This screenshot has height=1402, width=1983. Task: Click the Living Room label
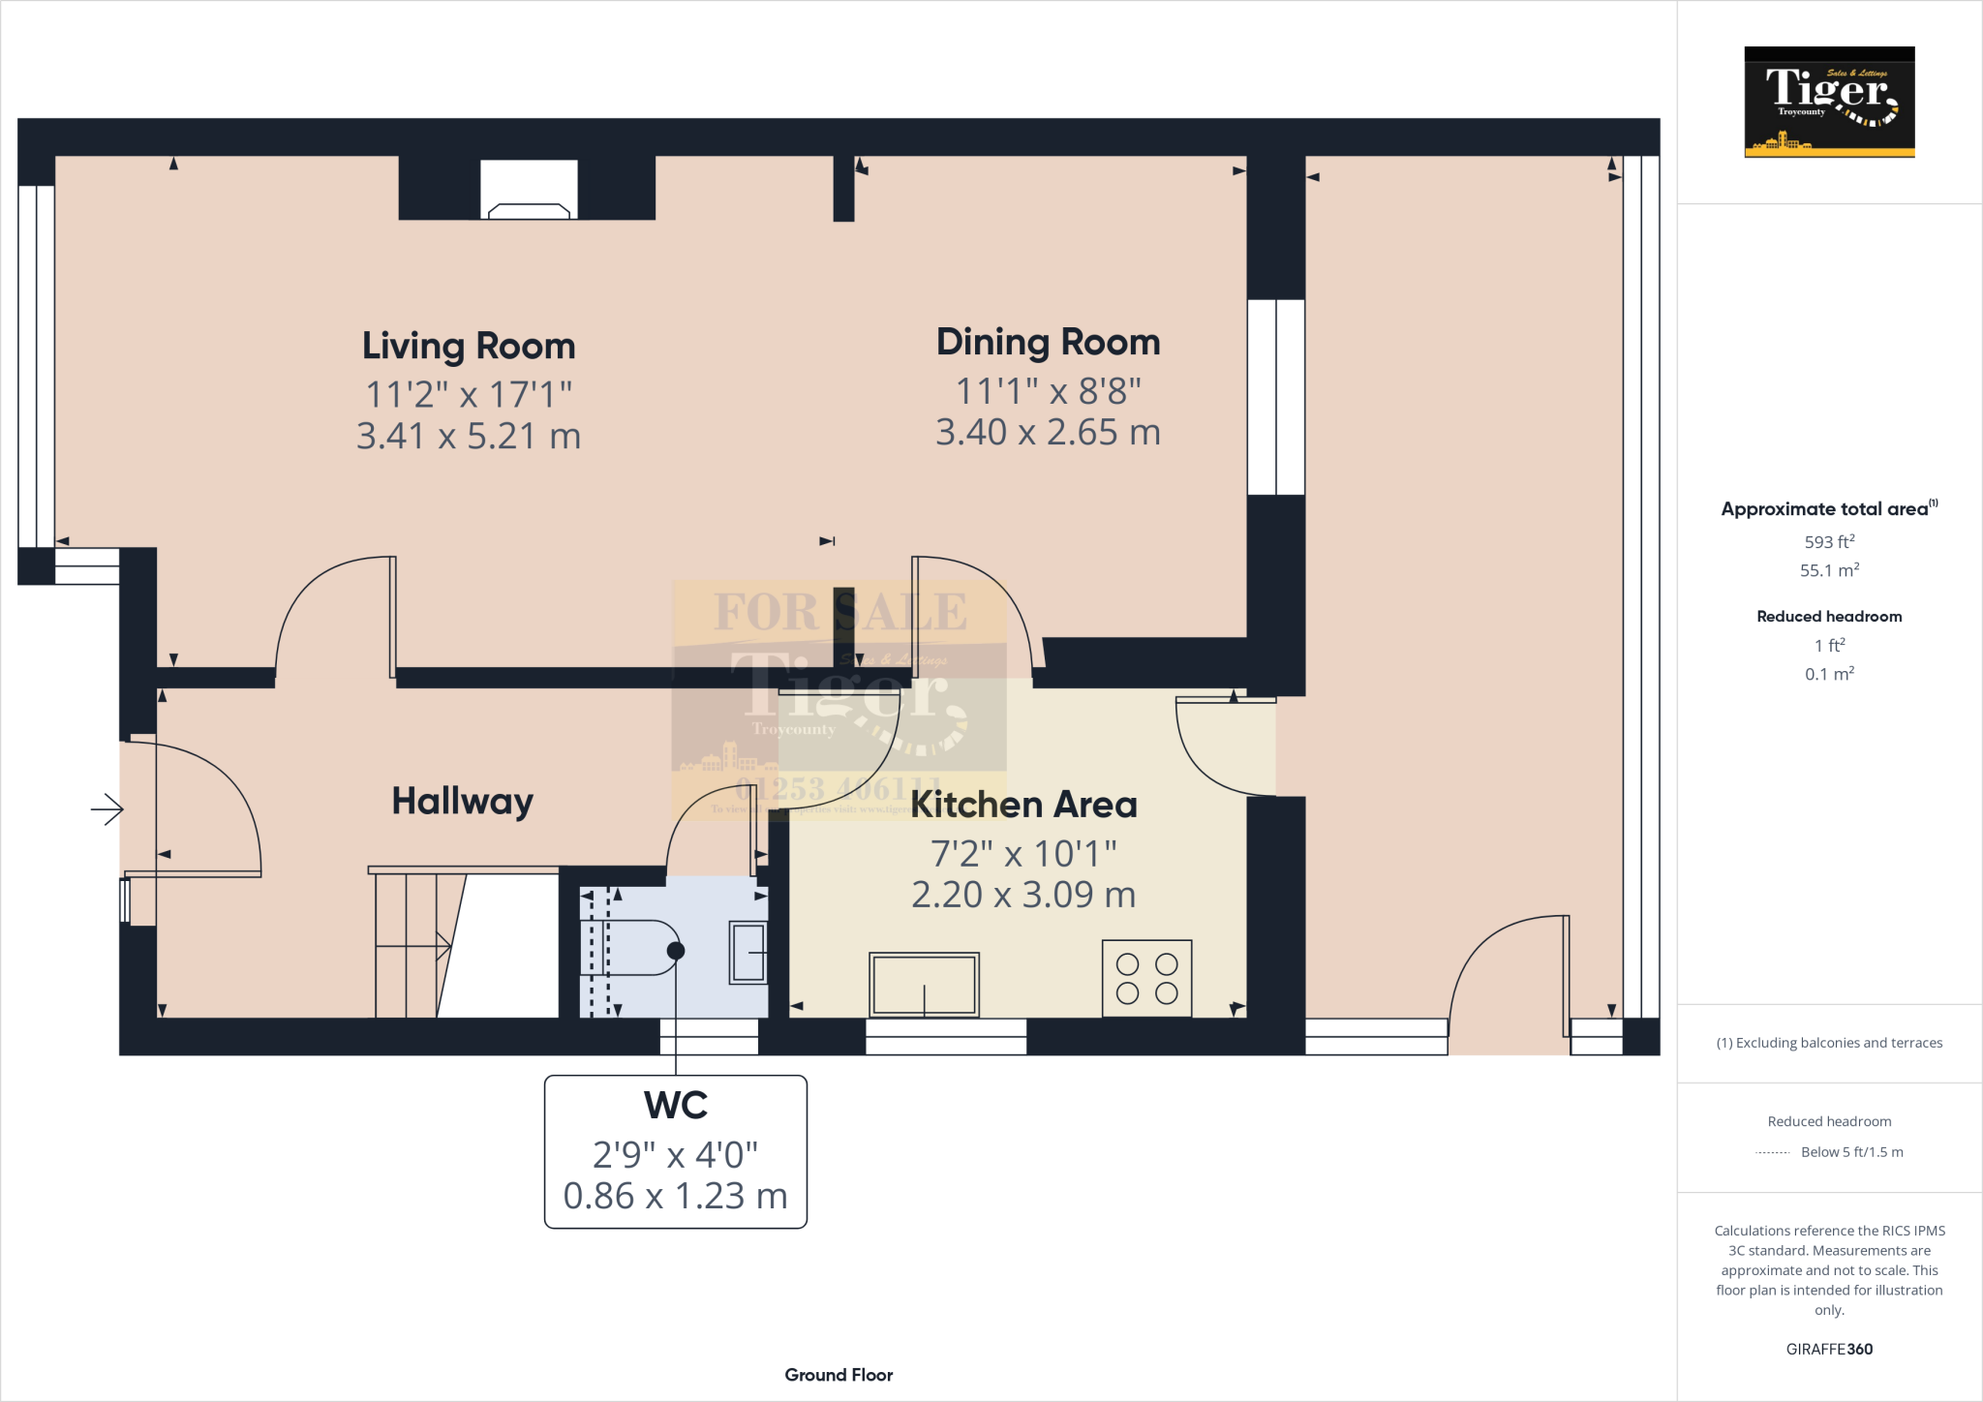[x=469, y=346]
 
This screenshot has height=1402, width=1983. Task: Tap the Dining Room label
[x=1048, y=342]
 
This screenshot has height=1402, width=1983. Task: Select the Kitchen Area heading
[x=1023, y=805]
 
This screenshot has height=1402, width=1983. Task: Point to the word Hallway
[x=462, y=801]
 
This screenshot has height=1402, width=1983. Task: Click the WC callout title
[x=675, y=1105]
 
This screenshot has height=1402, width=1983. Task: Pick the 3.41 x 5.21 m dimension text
[x=469, y=436]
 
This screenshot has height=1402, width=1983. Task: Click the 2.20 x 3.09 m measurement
[x=1023, y=895]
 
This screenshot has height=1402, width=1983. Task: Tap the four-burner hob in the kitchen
[x=1146, y=978]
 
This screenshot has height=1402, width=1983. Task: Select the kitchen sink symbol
[x=924, y=984]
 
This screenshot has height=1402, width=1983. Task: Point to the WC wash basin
[x=747, y=952]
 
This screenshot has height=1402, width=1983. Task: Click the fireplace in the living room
[x=529, y=193]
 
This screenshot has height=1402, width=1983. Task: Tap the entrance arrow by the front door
[x=107, y=808]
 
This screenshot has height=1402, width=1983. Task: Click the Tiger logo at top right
[x=1829, y=102]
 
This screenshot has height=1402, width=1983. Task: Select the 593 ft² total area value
[x=1829, y=542]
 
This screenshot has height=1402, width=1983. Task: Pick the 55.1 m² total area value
[x=1829, y=570]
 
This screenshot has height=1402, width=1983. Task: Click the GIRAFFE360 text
[x=1829, y=1349]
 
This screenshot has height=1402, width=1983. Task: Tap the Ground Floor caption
[x=839, y=1375]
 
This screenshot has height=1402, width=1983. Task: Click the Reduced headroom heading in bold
[x=1829, y=617]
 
